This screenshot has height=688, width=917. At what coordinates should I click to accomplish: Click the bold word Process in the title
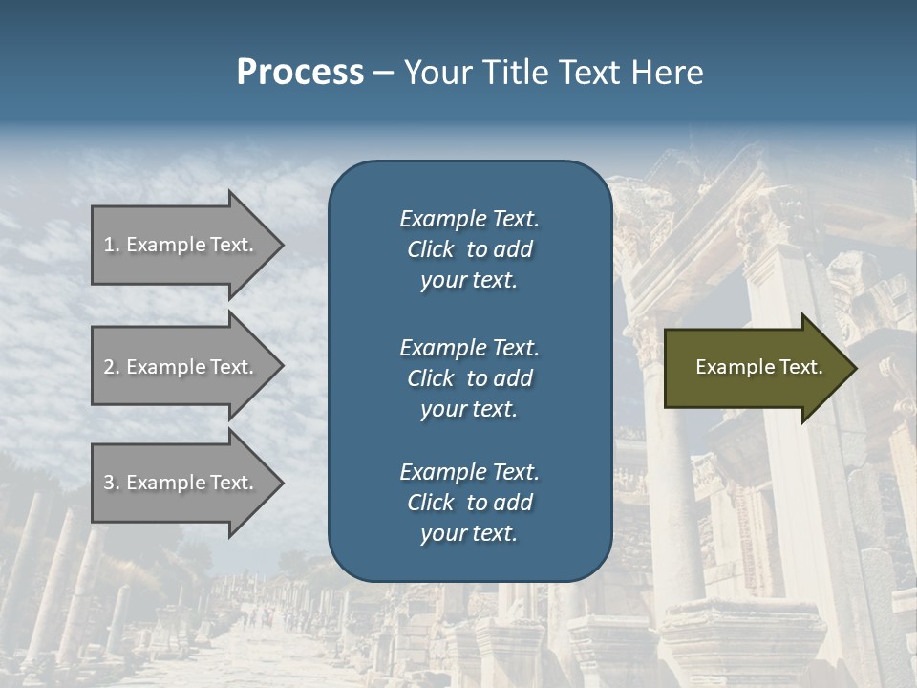(x=300, y=72)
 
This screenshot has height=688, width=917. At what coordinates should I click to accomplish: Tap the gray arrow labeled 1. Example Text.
(x=181, y=245)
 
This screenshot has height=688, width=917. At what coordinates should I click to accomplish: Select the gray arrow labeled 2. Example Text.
(x=181, y=367)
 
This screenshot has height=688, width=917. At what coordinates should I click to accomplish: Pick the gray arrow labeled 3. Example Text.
(x=181, y=483)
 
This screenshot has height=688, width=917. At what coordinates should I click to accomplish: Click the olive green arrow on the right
(x=755, y=367)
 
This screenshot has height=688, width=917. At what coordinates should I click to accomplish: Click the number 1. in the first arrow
(x=112, y=245)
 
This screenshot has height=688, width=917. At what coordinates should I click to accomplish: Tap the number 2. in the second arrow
(x=112, y=367)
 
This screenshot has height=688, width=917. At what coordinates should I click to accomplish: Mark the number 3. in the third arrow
(x=112, y=483)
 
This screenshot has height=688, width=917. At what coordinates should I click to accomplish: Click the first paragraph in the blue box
(x=469, y=249)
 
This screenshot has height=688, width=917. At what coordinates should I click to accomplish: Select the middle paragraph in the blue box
(x=469, y=378)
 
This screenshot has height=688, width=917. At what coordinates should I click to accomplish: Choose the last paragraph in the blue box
(x=469, y=503)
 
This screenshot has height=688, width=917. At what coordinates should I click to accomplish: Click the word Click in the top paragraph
(x=431, y=249)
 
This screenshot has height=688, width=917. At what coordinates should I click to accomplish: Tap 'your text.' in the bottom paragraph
(x=469, y=533)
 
